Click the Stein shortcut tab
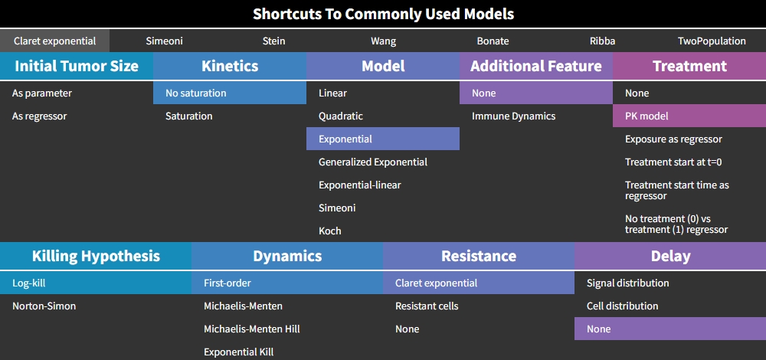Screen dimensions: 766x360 click(x=273, y=41)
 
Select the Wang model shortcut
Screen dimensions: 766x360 click(x=384, y=41)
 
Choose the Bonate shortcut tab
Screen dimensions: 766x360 click(x=493, y=41)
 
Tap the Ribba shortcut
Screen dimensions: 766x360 click(x=602, y=41)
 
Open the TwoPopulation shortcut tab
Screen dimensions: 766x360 click(x=712, y=41)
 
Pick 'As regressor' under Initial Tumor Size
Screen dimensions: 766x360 click(x=40, y=116)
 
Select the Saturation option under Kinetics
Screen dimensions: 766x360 click(x=189, y=116)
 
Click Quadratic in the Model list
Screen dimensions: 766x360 click(x=341, y=116)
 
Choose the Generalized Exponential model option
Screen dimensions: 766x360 click(x=373, y=162)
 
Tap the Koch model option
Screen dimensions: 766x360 click(x=330, y=231)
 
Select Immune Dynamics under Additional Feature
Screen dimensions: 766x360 click(x=513, y=116)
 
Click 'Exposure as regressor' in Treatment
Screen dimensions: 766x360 click(x=673, y=139)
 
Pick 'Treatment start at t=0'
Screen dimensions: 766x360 click(x=673, y=162)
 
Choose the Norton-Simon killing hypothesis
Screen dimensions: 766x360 click(x=44, y=306)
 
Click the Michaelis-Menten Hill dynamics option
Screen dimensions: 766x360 click(x=252, y=329)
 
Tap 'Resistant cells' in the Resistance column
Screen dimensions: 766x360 click(x=427, y=306)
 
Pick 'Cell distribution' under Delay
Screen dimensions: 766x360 click(x=622, y=306)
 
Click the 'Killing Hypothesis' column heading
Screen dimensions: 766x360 click(x=96, y=256)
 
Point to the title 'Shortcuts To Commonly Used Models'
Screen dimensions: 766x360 click(x=384, y=14)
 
